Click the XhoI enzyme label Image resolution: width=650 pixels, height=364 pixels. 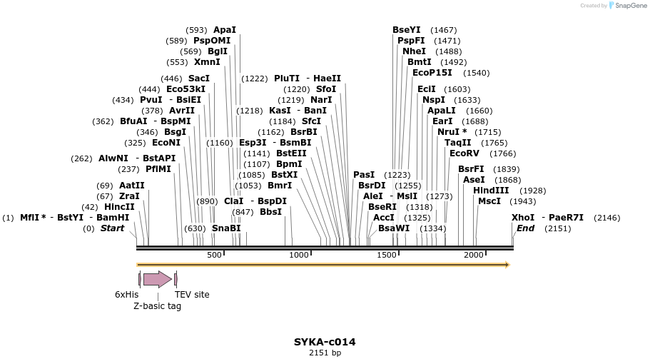[x=523, y=218]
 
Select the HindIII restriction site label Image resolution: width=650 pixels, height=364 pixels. [x=491, y=191]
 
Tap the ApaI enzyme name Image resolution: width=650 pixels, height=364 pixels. [x=224, y=30]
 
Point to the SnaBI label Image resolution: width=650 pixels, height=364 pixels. [x=226, y=228]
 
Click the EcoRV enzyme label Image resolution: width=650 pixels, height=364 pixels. [x=464, y=153]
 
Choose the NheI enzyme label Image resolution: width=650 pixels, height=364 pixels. [x=414, y=51]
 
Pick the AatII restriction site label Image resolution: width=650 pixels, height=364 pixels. [x=131, y=186]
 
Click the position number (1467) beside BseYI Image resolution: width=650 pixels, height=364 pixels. [x=444, y=30]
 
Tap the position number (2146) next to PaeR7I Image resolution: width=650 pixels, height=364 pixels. [x=606, y=218]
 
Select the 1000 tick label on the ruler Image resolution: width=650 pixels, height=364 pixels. [x=299, y=256]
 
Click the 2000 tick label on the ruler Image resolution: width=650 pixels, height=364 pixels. [x=474, y=256]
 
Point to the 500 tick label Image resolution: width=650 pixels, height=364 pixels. [x=214, y=256]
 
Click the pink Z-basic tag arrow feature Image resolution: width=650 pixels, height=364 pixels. [x=157, y=279]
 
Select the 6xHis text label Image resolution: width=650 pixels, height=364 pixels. [x=126, y=295]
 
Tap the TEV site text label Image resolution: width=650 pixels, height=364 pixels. [x=192, y=295]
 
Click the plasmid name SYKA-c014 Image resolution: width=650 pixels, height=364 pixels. [x=325, y=342]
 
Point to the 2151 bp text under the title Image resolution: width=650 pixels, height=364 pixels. [x=325, y=353]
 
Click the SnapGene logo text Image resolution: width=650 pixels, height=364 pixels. [x=628, y=6]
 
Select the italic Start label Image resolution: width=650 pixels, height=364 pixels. [x=112, y=228]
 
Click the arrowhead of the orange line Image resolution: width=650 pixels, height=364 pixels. [x=507, y=265]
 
